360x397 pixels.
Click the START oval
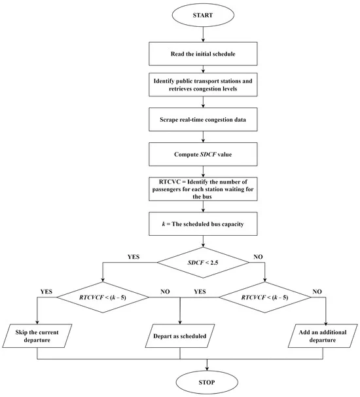[203, 15]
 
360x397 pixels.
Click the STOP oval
[207, 382]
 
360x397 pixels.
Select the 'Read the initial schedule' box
[203, 54]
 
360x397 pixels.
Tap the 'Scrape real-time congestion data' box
[203, 119]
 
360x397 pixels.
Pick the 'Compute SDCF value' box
[203, 154]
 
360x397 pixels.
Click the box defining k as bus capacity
[203, 224]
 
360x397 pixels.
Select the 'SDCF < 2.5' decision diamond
[203, 262]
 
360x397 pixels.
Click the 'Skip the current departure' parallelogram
[37, 335]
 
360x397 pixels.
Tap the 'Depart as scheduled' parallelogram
[180, 335]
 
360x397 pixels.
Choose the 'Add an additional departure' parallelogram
[323, 335]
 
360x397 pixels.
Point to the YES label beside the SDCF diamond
[134, 257]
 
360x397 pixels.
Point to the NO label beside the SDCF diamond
[258, 257]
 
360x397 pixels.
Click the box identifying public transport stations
[203, 85]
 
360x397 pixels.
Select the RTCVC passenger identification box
[203, 189]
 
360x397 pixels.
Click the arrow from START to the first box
[203, 35]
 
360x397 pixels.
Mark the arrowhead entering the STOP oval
[207, 368]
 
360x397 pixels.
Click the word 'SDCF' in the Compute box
[208, 155]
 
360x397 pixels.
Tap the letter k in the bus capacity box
[164, 224]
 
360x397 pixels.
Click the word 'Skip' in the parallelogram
[21, 332]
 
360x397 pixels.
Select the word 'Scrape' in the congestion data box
[169, 120]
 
